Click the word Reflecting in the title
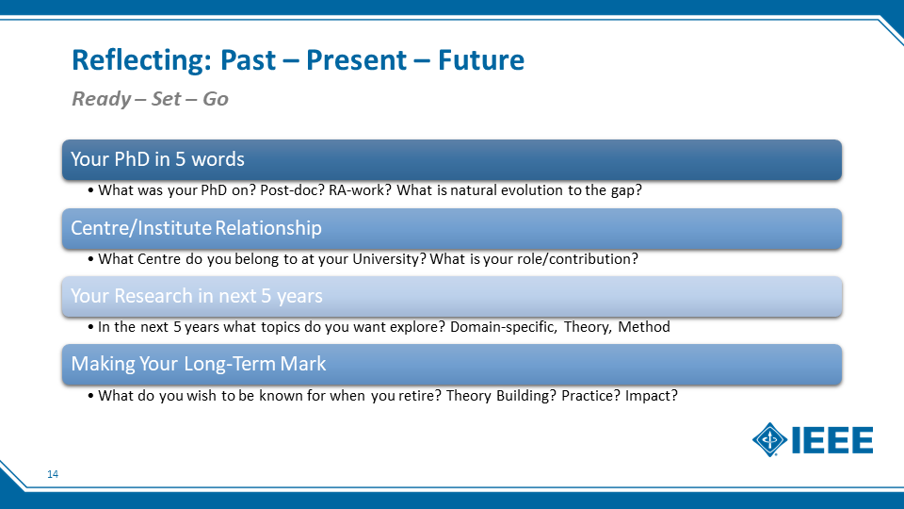click(x=142, y=60)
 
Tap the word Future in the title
click(x=481, y=60)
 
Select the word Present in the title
click(x=356, y=60)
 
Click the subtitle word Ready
click(x=102, y=99)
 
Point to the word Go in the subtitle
click(x=216, y=99)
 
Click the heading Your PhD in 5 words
click(x=157, y=159)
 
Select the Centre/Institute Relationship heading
click(x=196, y=228)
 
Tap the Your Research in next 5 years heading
click(x=197, y=296)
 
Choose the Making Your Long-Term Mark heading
click(x=199, y=364)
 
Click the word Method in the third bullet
click(x=644, y=327)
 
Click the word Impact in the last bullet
click(x=652, y=396)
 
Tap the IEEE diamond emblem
click(x=769, y=440)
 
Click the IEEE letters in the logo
click(x=832, y=440)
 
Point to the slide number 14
click(x=53, y=474)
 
